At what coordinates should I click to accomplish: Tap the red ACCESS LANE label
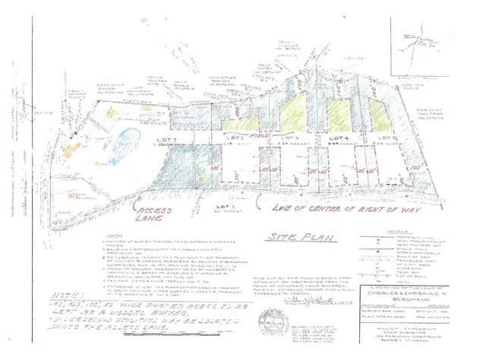152,210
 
